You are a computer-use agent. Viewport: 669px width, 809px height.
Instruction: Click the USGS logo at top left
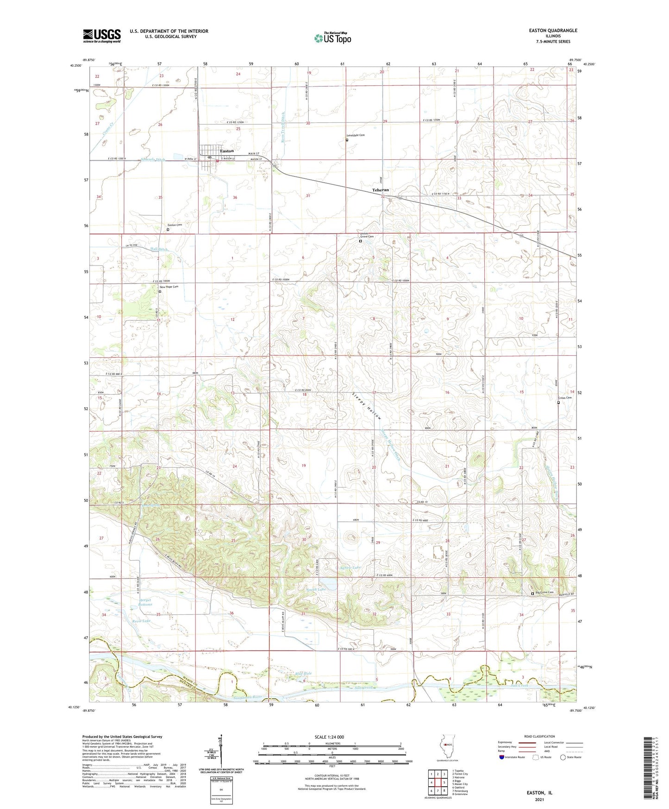coord(102,36)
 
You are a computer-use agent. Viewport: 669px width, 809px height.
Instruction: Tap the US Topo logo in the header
coord(332,38)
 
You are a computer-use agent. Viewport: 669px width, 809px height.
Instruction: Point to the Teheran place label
coord(381,190)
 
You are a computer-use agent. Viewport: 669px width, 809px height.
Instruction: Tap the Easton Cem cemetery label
coord(175,225)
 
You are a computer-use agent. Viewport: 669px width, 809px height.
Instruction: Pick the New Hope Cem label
coord(169,287)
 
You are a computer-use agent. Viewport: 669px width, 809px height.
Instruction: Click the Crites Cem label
coord(565,398)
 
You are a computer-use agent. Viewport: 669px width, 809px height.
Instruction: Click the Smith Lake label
coord(316,589)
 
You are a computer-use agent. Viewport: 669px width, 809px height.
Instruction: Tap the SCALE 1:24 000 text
coord(329,737)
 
